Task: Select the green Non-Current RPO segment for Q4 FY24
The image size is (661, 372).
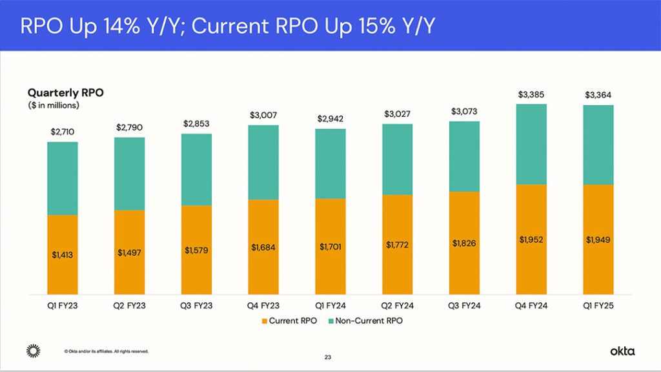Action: tap(531, 144)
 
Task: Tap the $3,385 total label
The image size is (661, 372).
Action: tap(531, 95)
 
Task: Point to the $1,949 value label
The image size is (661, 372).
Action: tap(598, 240)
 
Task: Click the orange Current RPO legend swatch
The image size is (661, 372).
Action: tap(263, 321)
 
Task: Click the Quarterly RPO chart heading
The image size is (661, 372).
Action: tap(65, 92)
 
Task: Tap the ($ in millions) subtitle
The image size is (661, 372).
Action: tap(52, 105)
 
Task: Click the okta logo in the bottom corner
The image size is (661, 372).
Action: tap(622, 351)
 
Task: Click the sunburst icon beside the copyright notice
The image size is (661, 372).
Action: tap(33, 351)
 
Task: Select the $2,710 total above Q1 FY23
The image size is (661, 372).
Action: tap(63, 132)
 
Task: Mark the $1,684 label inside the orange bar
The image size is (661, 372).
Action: tap(263, 247)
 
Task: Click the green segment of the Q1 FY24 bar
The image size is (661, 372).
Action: tap(330, 163)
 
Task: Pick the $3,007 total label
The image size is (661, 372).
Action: tap(263, 115)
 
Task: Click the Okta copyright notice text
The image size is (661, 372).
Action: tap(107, 351)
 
